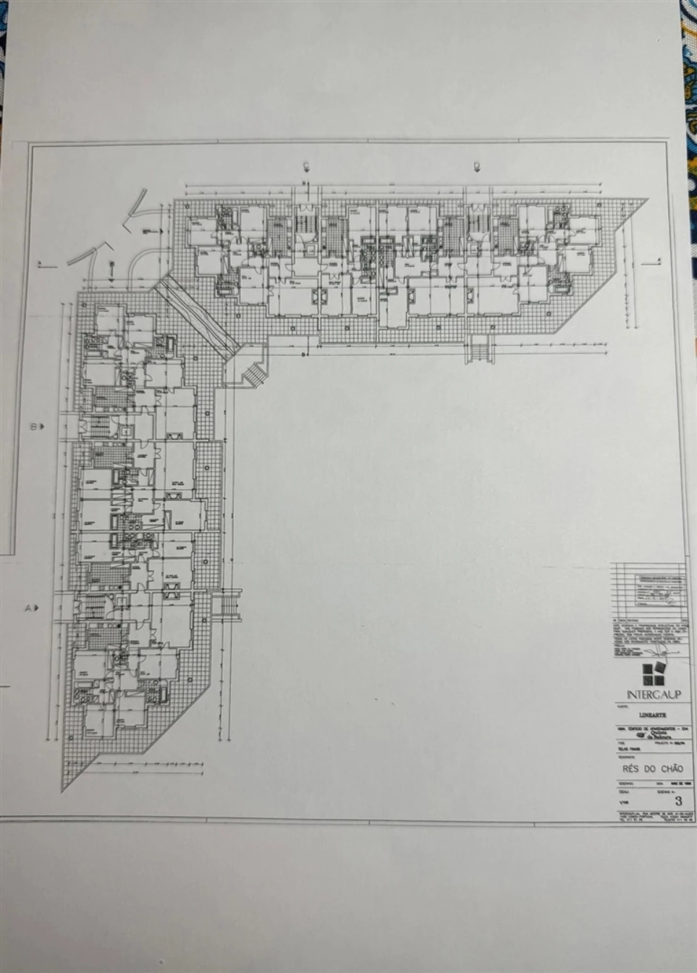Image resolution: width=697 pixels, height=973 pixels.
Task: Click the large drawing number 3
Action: pyautogui.click(x=677, y=800)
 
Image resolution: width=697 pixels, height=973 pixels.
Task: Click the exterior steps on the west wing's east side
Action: pyautogui.click(x=227, y=604)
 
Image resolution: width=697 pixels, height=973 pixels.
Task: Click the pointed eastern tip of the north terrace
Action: pyautogui.click(x=646, y=200)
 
